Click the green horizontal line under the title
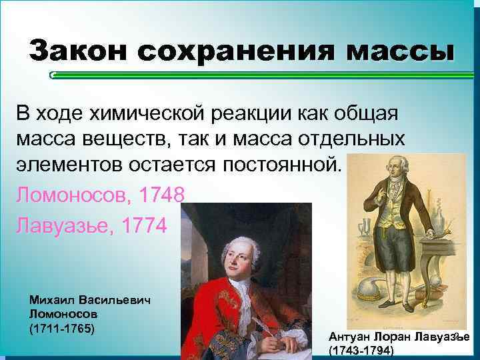pyautogui.click(x=260, y=75)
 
